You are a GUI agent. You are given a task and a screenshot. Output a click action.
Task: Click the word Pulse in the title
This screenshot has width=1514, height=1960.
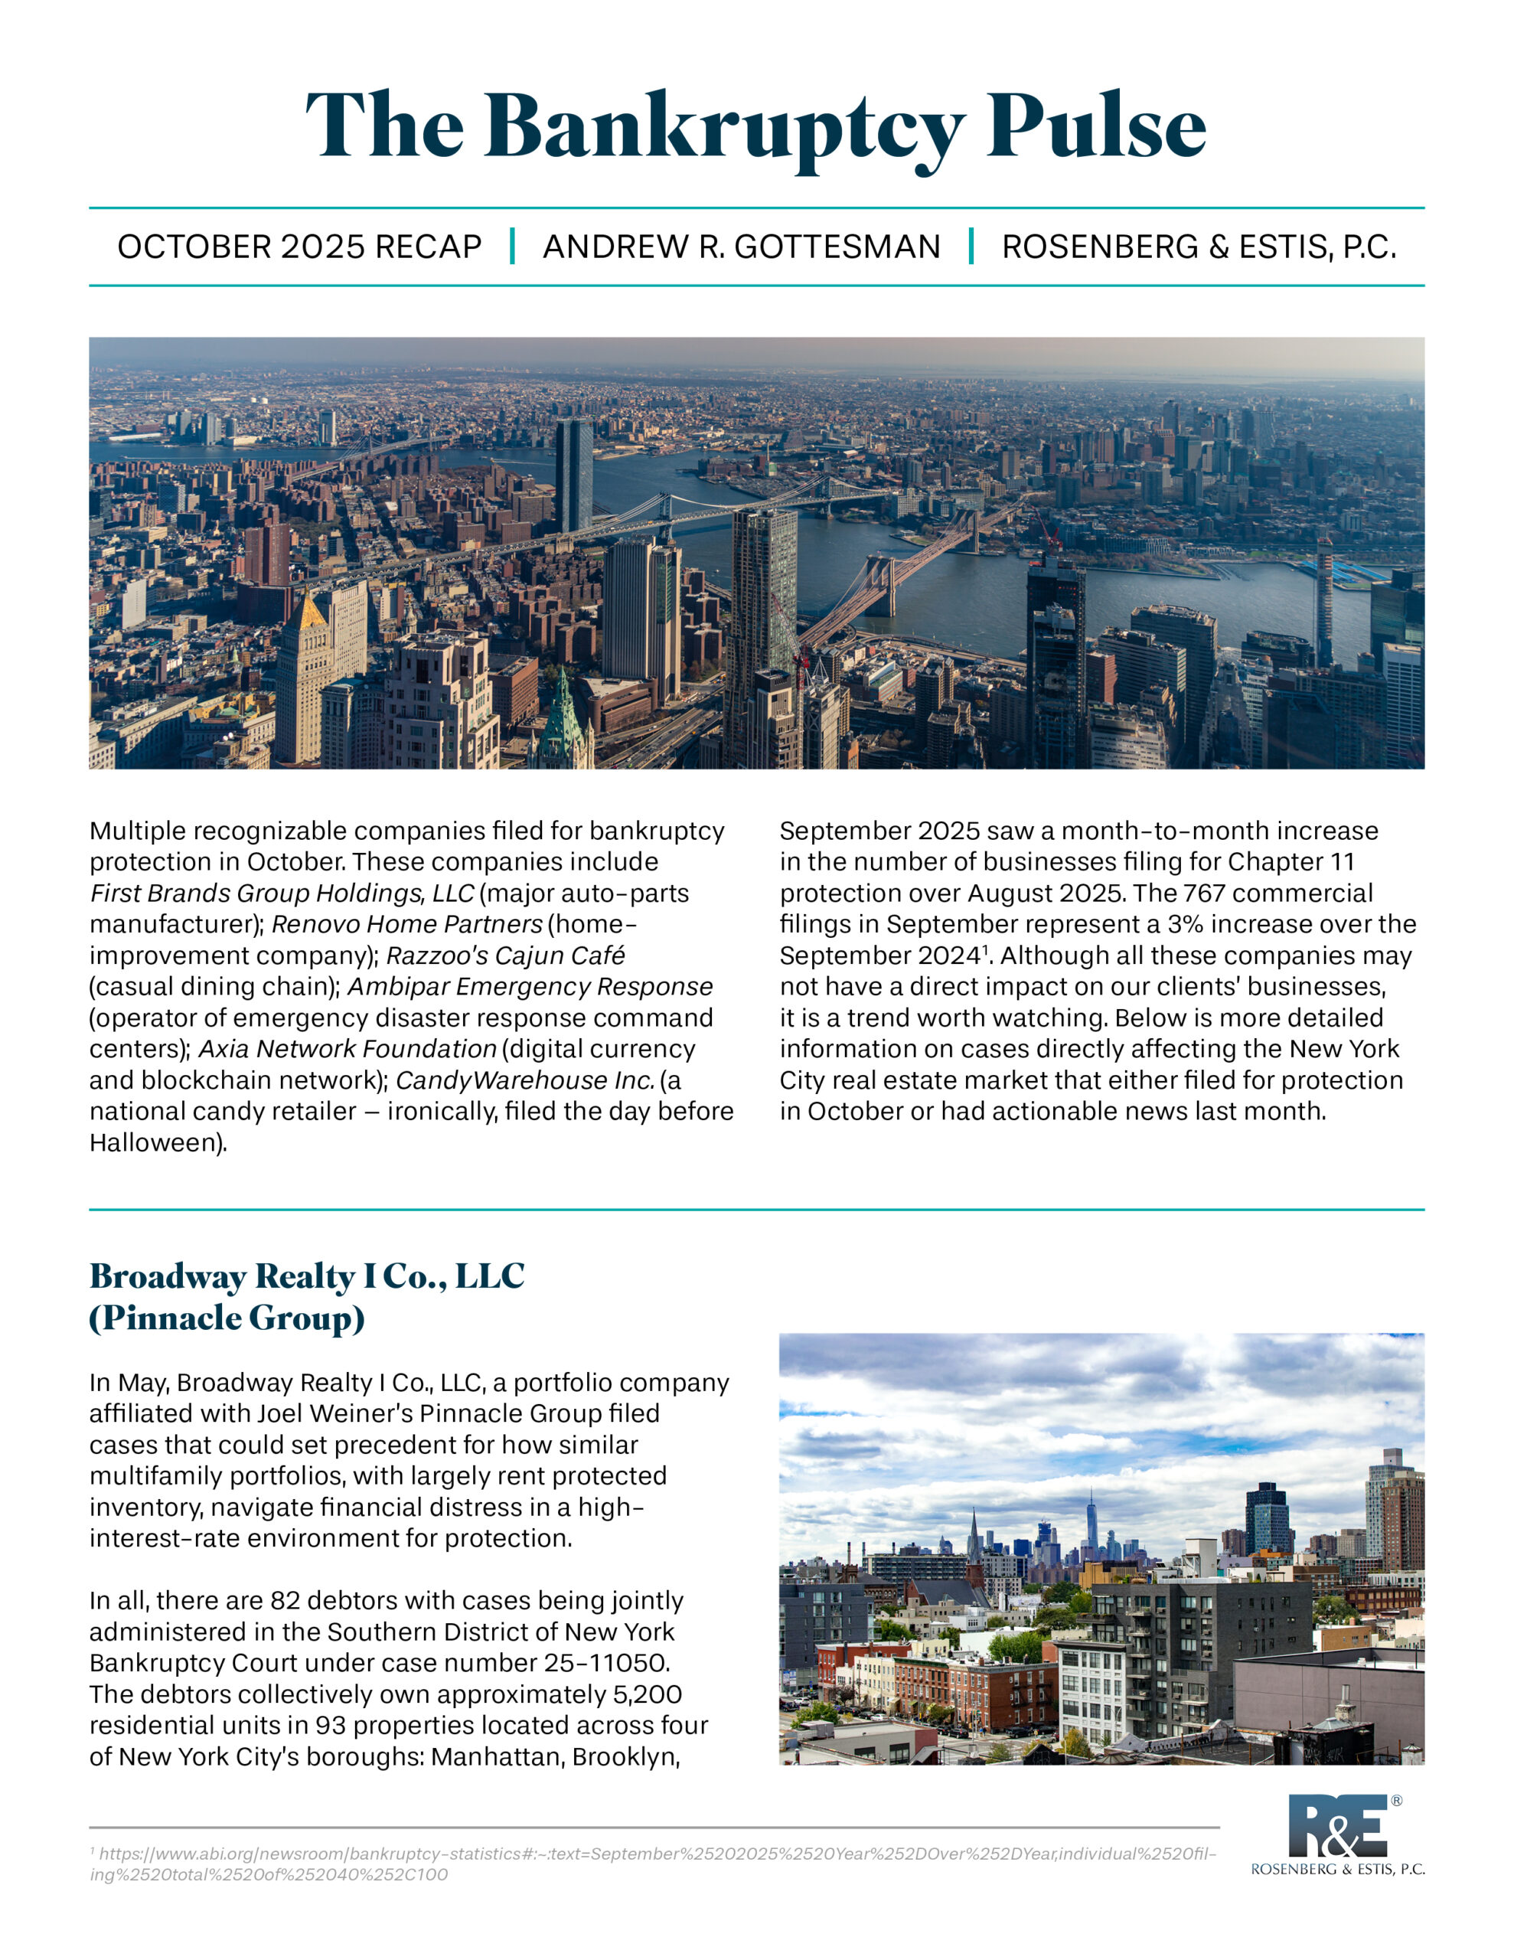(1096, 126)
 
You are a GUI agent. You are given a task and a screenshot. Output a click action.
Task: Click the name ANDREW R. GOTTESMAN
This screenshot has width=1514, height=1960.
(741, 247)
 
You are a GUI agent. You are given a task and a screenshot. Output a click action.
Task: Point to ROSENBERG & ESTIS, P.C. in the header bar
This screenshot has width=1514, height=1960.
(1199, 247)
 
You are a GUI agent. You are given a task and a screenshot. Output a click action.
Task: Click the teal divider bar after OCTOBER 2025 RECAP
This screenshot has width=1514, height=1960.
(512, 246)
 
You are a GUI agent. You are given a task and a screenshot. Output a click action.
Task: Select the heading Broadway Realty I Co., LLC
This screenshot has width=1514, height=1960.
(307, 1276)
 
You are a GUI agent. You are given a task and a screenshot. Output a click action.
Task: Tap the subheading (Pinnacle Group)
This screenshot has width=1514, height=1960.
(227, 1318)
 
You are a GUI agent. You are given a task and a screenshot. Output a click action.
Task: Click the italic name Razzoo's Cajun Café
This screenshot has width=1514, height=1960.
(505, 955)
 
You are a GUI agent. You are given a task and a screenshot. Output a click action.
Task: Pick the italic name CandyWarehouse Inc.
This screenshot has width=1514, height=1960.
(525, 1080)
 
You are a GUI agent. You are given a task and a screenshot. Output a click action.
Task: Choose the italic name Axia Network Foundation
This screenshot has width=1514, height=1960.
(348, 1048)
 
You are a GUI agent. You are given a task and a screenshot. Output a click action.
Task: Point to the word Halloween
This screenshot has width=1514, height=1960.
(155, 1142)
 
